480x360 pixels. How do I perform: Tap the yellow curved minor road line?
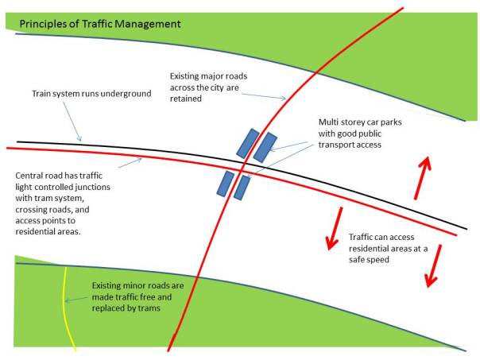point(67,310)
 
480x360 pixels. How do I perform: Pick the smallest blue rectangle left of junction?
point(226,184)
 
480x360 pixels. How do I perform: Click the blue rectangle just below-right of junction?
point(242,188)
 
